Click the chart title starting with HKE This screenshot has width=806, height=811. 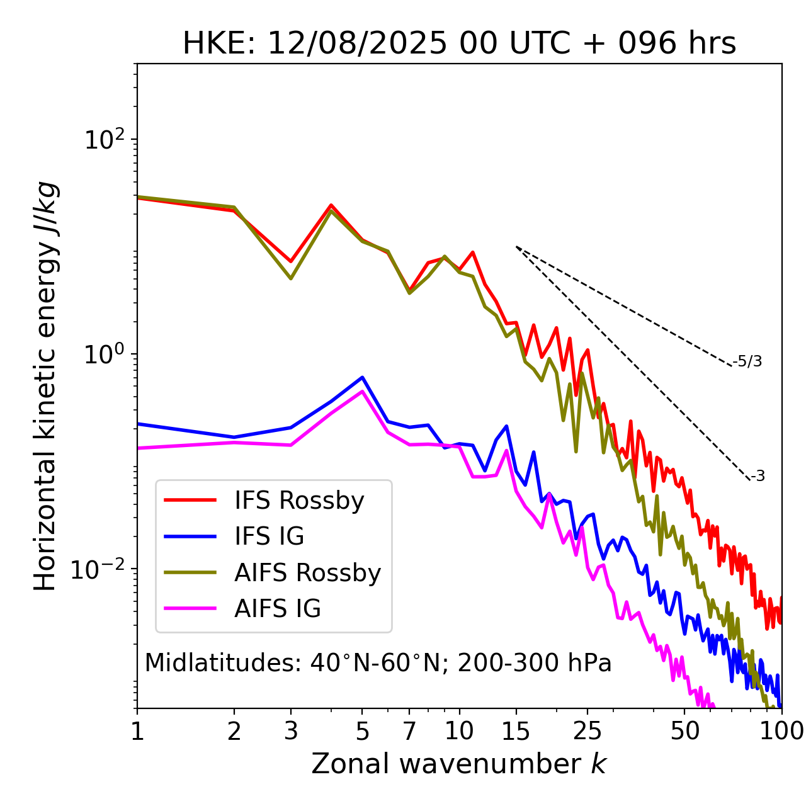(459, 44)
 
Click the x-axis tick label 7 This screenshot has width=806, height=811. (409, 731)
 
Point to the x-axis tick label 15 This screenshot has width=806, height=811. (516, 731)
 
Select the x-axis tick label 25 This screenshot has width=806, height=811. (587, 731)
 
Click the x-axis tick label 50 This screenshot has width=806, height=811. (684, 731)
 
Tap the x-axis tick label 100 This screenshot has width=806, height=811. (781, 731)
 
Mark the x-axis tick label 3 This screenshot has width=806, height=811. (291, 731)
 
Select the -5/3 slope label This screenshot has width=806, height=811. (747, 361)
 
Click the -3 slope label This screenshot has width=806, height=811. (758, 477)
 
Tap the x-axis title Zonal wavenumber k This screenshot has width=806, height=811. (458, 764)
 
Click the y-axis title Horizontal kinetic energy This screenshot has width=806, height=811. (45, 386)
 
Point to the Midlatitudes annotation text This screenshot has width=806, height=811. (378, 663)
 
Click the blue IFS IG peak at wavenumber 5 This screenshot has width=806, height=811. (362, 378)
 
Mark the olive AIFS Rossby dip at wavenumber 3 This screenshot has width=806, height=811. (291, 278)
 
